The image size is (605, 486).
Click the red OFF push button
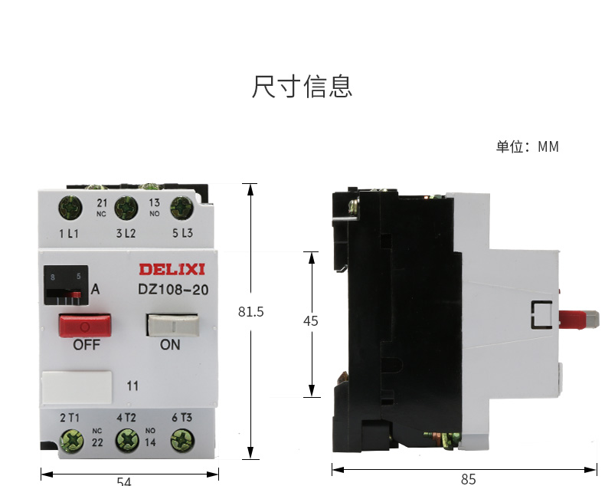point(85,325)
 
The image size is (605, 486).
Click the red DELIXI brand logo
point(171,270)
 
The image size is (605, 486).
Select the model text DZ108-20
point(173,290)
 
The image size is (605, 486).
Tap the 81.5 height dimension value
point(250,312)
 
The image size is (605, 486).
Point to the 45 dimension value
point(310,322)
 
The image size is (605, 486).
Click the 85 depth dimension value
point(468,479)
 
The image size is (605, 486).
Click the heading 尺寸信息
point(302,87)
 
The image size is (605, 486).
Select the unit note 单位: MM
point(527,146)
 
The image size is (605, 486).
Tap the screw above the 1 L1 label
point(70,207)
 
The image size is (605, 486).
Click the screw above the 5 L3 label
point(181,207)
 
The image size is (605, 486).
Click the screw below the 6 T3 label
point(181,440)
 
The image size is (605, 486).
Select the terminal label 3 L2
point(126,234)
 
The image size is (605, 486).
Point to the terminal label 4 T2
point(126,418)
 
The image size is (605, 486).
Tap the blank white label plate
point(77,388)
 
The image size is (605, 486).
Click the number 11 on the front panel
point(132,386)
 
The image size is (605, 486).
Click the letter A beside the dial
point(96,290)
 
